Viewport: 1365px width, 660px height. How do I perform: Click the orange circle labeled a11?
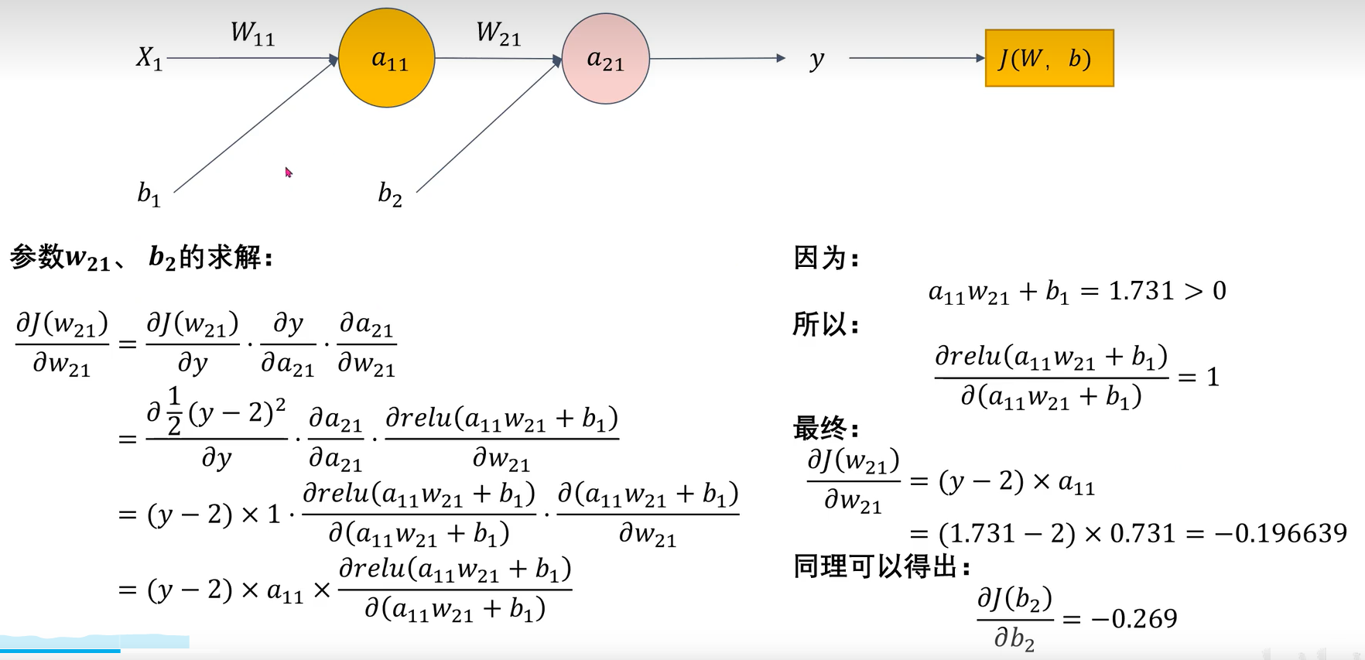point(387,58)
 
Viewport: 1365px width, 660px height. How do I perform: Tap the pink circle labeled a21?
point(605,59)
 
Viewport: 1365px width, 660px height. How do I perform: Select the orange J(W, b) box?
point(1049,58)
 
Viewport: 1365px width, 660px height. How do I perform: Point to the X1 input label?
point(149,57)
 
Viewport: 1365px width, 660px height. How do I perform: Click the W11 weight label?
point(252,33)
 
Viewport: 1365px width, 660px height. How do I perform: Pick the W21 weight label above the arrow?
point(498,33)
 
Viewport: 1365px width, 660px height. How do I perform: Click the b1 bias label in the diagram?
point(149,193)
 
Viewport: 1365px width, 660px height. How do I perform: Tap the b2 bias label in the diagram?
point(389,193)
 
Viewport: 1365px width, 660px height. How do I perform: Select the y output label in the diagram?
point(816,60)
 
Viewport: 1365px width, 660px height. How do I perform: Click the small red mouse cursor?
point(289,172)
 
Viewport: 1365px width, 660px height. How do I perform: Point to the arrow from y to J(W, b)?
point(916,58)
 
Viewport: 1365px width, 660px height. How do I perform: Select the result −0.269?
point(1134,618)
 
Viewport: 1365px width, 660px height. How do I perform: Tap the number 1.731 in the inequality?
point(1141,291)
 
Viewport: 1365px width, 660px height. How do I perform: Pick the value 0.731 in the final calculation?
point(1142,533)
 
